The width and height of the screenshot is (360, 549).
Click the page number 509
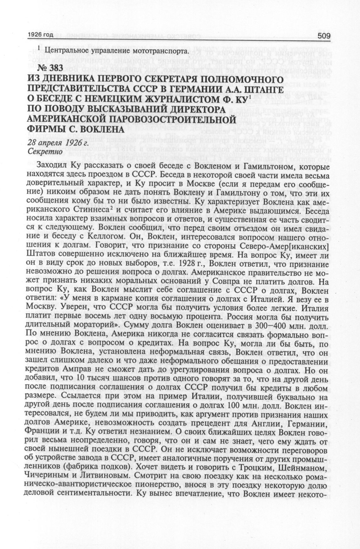click(324, 36)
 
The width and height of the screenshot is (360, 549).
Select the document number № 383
click(51, 68)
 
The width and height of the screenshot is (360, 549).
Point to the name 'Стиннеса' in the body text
click(83, 209)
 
